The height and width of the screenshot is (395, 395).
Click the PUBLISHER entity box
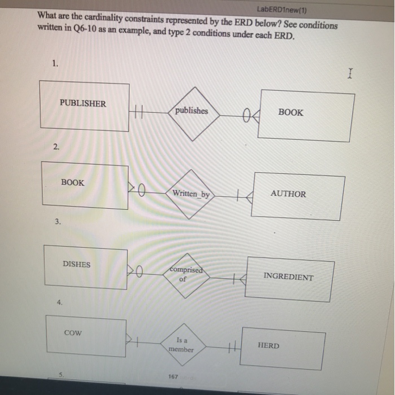tap(84, 106)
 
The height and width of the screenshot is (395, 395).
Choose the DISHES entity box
tap(85, 268)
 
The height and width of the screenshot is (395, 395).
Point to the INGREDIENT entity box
tap(287, 278)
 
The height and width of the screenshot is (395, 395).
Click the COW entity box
tap(85, 337)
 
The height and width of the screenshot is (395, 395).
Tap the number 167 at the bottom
tap(173, 376)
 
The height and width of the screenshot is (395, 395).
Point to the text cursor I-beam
tap(350, 73)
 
